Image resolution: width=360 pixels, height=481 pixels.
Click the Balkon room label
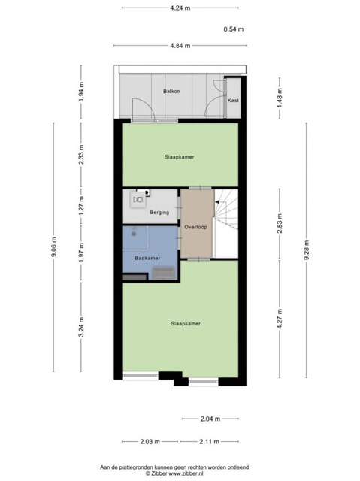171,92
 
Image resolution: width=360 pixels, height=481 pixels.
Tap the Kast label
233,100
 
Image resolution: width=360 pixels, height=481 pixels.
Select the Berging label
159,212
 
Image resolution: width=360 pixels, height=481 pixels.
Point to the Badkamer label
147,258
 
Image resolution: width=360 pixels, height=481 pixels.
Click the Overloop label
195,227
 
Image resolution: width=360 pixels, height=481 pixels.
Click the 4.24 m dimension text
180,8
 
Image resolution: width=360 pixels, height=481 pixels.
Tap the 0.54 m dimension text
234,29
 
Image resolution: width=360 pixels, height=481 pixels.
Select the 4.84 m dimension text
180,46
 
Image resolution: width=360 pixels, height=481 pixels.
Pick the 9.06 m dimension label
54,247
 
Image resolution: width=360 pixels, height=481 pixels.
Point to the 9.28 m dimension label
307,250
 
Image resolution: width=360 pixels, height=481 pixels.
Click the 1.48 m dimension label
280,98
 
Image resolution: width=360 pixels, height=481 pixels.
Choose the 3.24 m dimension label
81,327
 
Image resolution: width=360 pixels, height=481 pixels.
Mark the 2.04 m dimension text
210,419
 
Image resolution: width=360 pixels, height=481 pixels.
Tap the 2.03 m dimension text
150,442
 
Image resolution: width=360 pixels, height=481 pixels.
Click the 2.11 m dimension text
210,442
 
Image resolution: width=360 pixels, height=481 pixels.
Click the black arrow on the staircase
217,202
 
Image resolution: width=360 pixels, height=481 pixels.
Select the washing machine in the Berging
138,200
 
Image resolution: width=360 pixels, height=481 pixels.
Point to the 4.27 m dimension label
280,319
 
